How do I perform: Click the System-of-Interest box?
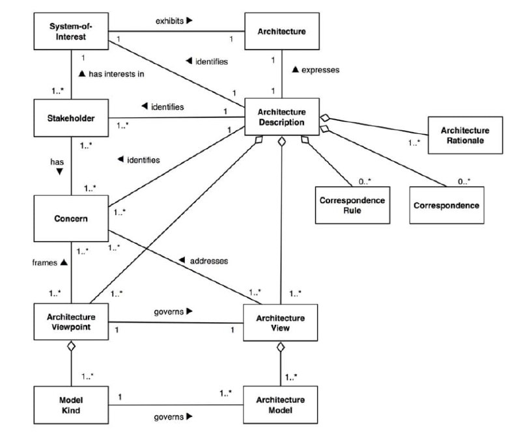point(71,31)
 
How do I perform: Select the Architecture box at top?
point(282,31)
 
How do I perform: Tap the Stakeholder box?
point(71,118)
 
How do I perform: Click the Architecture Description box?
point(282,117)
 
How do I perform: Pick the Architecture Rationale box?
point(465,135)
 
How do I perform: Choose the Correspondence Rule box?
point(352,205)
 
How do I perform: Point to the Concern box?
point(71,219)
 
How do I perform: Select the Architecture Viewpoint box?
point(71,322)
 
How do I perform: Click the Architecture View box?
point(281,323)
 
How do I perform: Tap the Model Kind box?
point(71,405)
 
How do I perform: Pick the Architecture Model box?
point(281,405)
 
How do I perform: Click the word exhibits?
point(169,21)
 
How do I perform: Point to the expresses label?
point(320,70)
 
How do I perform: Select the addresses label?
point(208,261)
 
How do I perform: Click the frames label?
point(44,263)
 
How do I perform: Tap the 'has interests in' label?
point(117,74)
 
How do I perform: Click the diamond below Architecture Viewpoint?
point(71,346)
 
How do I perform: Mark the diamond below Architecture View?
point(281,348)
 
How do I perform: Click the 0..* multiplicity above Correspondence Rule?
point(365,182)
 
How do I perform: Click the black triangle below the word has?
point(59,172)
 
